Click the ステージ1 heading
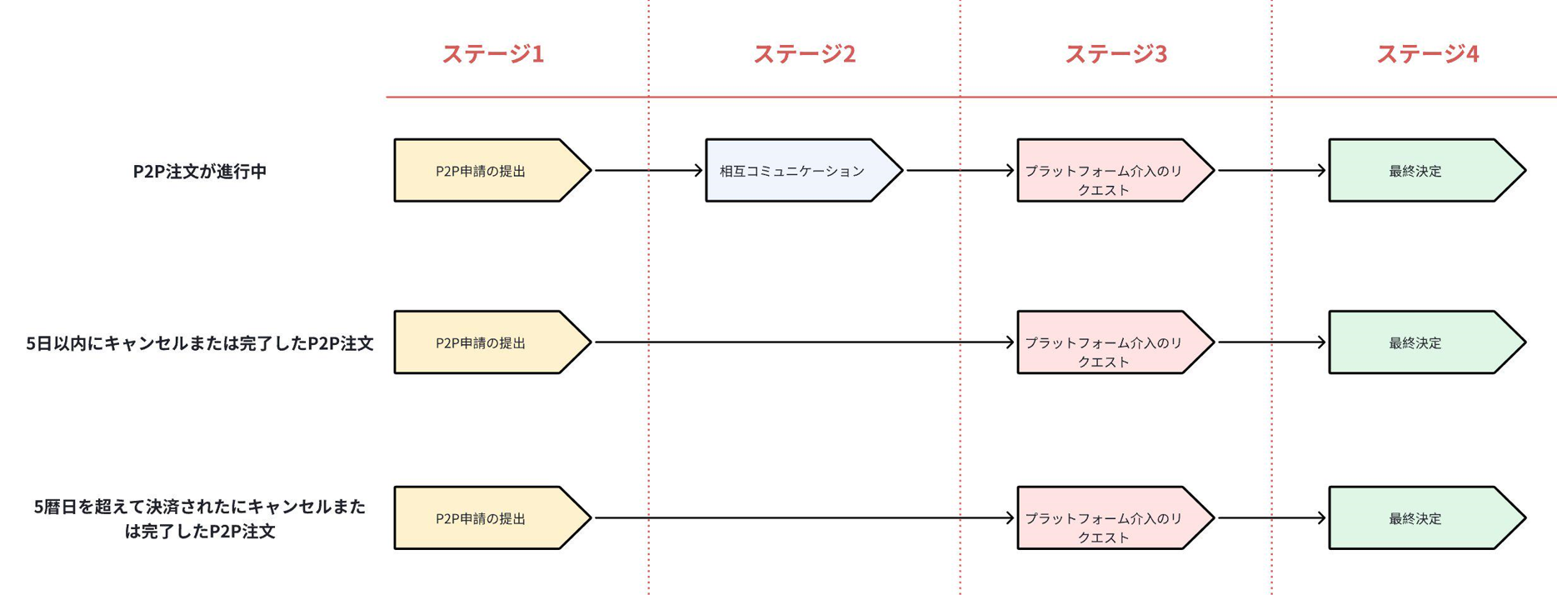[x=492, y=54]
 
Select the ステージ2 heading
[x=804, y=54]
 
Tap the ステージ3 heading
[x=1115, y=54]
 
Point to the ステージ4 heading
[x=1427, y=54]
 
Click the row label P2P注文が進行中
[x=200, y=172]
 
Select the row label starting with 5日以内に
[x=200, y=343]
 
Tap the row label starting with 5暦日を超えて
[x=200, y=518]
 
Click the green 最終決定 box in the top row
[x=1421, y=171]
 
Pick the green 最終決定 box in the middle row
[x=1421, y=342]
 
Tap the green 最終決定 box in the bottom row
[x=1421, y=518]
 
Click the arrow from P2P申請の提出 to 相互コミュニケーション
[x=648, y=171]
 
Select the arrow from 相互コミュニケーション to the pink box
[x=960, y=171]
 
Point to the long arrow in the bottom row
[x=804, y=518]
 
